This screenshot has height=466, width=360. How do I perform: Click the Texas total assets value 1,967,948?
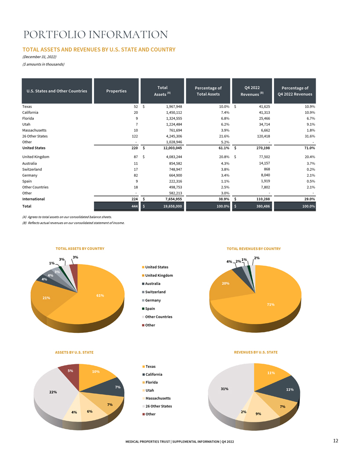(x=174, y=106)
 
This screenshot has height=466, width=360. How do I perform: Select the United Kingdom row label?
(x=36, y=157)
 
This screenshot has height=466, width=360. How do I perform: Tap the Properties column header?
(x=116, y=91)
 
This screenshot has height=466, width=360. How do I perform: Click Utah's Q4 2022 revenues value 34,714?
(x=264, y=124)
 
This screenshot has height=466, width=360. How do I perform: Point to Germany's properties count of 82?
(x=136, y=175)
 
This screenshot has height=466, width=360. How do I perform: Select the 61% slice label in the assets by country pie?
(x=100, y=296)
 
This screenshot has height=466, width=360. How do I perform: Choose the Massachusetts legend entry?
(x=157, y=398)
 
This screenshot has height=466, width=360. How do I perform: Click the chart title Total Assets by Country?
(x=80, y=249)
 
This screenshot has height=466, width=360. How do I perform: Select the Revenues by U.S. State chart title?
(x=256, y=352)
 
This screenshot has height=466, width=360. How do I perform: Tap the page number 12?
(x=336, y=441)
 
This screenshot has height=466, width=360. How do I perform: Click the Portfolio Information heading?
(x=96, y=34)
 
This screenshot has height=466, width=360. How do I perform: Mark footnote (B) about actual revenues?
(x=73, y=223)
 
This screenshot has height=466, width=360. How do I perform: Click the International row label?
(x=33, y=199)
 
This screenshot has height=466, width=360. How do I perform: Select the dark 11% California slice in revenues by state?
(x=287, y=388)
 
